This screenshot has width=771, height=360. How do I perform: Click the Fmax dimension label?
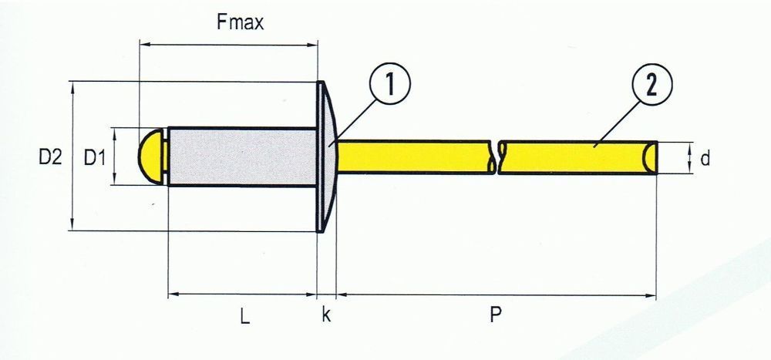pos(240,22)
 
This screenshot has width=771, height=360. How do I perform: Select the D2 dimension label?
pos(50,158)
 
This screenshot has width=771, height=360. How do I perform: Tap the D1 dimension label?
pos(95,158)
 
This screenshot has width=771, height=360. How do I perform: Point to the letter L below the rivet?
pos(244,316)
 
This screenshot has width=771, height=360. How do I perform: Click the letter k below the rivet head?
pos(326,316)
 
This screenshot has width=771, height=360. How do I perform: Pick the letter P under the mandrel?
pos(496,316)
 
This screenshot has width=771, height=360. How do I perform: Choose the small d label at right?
pos(704,159)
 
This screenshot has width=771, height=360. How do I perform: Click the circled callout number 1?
pos(389,85)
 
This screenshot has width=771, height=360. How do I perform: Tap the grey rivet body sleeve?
pos(241,156)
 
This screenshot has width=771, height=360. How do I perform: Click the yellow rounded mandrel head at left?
pos(152,156)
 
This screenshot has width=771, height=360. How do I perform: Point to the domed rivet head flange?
pos(326,156)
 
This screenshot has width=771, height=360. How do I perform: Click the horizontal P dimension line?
pos(496,294)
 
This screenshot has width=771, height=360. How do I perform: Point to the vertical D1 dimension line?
pos(114,156)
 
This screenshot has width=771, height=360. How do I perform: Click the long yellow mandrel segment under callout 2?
pos(578,157)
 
